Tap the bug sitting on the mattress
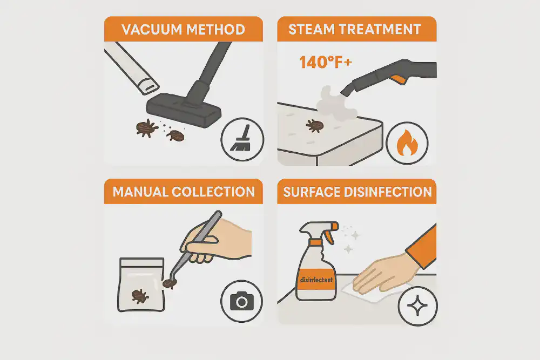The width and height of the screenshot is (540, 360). (x=314, y=126)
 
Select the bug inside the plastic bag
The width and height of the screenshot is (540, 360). (x=140, y=295)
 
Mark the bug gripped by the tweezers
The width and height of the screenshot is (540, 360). (x=168, y=283)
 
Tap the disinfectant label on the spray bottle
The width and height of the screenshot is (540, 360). (x=318, y=280)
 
